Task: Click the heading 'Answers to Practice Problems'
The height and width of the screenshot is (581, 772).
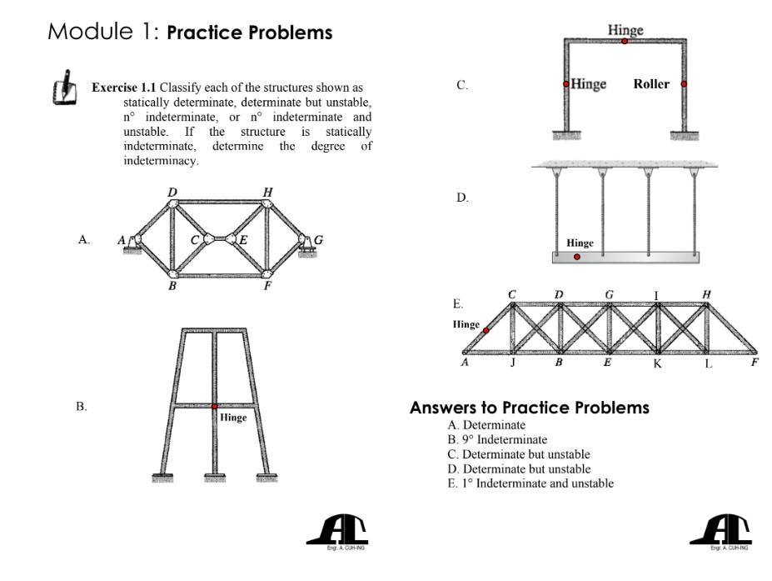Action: tap(529, 408)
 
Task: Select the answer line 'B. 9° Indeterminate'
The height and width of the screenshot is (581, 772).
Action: tap(497, 439)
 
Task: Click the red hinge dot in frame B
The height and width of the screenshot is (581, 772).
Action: tap(215, 406)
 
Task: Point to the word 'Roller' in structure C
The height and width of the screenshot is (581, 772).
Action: tap(650, 84)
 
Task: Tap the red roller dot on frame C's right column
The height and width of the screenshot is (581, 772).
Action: tap(684, 83)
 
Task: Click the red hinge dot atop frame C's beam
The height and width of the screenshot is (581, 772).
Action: tap(625, 41)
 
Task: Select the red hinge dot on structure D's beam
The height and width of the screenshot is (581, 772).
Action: tap(577, 257)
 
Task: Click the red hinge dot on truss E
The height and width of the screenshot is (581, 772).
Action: tap(486, 330)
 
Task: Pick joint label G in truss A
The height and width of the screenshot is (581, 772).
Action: tap(318, 240)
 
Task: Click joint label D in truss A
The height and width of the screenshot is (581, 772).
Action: tap(172, 193)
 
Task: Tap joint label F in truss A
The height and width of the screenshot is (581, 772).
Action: tap(268, 288)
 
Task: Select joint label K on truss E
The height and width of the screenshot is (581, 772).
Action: tap(657, 364)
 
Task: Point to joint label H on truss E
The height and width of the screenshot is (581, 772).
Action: tap(707, 294)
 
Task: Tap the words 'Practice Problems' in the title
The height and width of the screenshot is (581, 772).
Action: tap(249, 33)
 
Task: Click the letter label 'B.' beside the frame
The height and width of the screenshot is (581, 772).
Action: tap(82, 406)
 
